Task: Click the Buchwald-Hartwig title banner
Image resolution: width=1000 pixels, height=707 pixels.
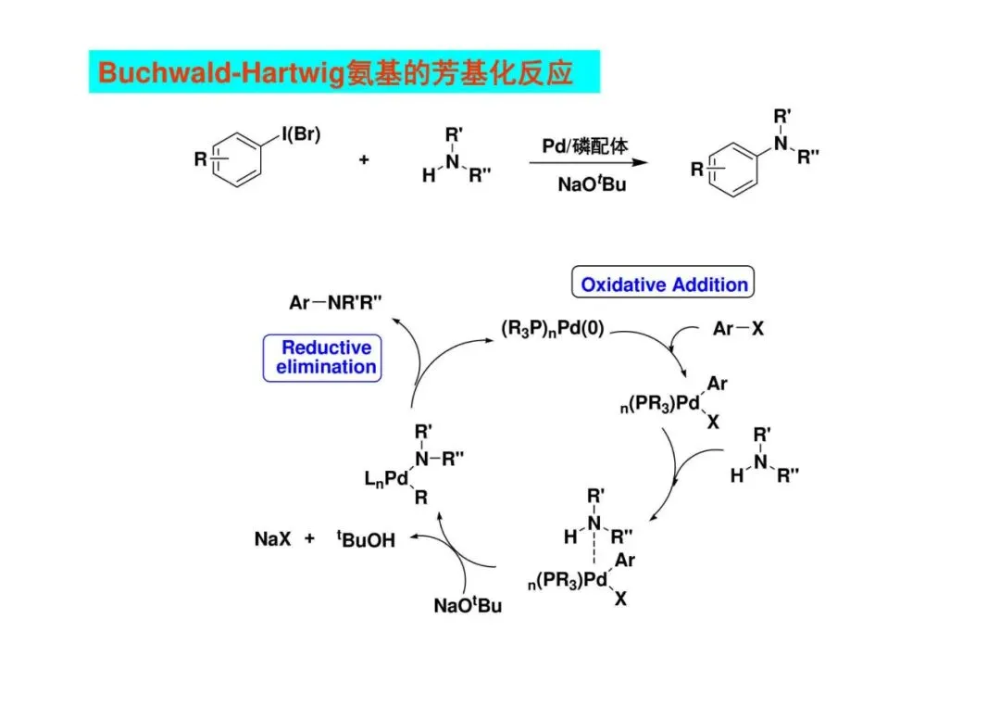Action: tap(344, 72)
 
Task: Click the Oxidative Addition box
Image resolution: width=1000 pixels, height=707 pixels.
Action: tap(664, 284)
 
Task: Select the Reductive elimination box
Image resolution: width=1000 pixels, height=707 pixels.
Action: tap(323, 358)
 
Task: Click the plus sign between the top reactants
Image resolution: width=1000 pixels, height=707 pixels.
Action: tap(364, 160)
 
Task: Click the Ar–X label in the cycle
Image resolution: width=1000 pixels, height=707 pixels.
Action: tap(738, 328)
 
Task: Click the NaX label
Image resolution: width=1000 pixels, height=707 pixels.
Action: tap(273, 538)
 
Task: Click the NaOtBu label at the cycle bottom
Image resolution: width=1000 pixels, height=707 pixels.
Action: tap(468, 606)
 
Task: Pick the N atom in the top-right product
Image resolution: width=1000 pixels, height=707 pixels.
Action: tap(781, 143)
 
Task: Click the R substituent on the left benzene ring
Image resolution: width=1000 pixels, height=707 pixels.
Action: tap(201, 159)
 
